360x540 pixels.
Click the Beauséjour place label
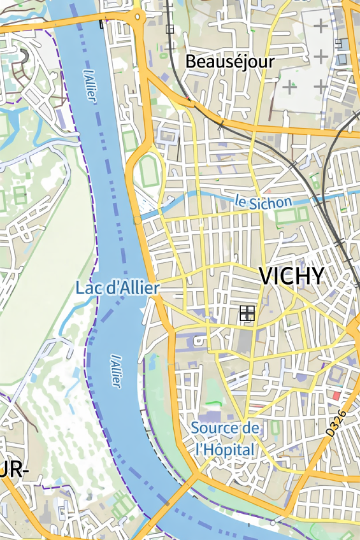[x=229, y=62]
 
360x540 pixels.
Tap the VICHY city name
[x=291, y=276]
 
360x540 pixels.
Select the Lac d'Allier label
[x=117, y=288]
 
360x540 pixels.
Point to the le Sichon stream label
[x=263, y=202]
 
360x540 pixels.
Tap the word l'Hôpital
[x=225, y=450]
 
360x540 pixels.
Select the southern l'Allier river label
[x=115, y=371]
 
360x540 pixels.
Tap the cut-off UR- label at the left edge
[x=14, y=471]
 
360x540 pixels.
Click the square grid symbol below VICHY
[x=247, y=313]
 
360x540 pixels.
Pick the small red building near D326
[x=336, y=395]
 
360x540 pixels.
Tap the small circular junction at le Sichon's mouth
[x=137, y=220]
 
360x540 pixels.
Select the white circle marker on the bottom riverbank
[x=273, y=523]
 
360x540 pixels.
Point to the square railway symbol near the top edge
[x=169, y=29]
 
